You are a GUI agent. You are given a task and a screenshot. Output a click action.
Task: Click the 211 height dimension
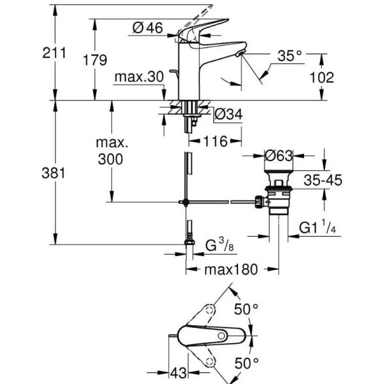point(56,54)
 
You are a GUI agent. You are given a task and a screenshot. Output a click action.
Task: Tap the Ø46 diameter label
point(147,28)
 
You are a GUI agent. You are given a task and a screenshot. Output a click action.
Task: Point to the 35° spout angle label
point(289,56)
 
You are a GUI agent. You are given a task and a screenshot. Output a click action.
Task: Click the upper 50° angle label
point(245,309)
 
